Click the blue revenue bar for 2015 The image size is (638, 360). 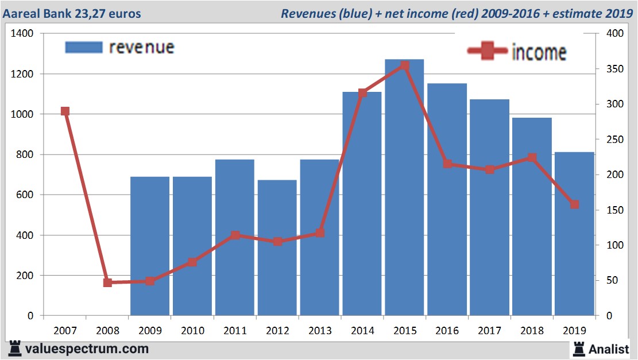404,189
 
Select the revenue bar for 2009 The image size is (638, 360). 150,247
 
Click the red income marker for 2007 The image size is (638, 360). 65,111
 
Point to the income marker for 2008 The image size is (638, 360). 107,282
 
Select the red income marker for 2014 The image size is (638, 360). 362,92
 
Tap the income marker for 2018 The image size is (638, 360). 532,158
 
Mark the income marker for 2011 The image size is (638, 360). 235,235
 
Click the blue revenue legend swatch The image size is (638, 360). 84,47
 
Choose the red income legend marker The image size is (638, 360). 488,52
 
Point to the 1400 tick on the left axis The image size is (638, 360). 22,34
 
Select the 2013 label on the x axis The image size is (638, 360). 319,331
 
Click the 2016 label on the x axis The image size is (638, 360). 447,331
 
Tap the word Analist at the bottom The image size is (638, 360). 609,349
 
